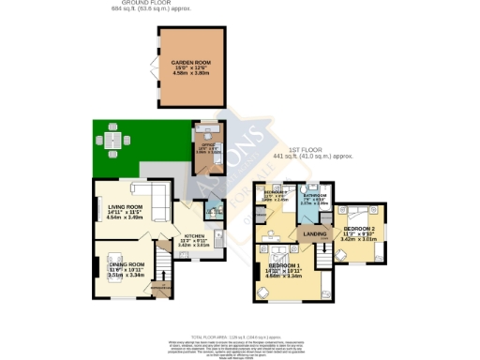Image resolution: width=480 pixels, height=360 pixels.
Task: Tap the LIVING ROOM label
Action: coord(125,207)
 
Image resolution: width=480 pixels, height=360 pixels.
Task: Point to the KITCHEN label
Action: coord(194,235)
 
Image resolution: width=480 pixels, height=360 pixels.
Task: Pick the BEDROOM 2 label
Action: coord(360,229)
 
